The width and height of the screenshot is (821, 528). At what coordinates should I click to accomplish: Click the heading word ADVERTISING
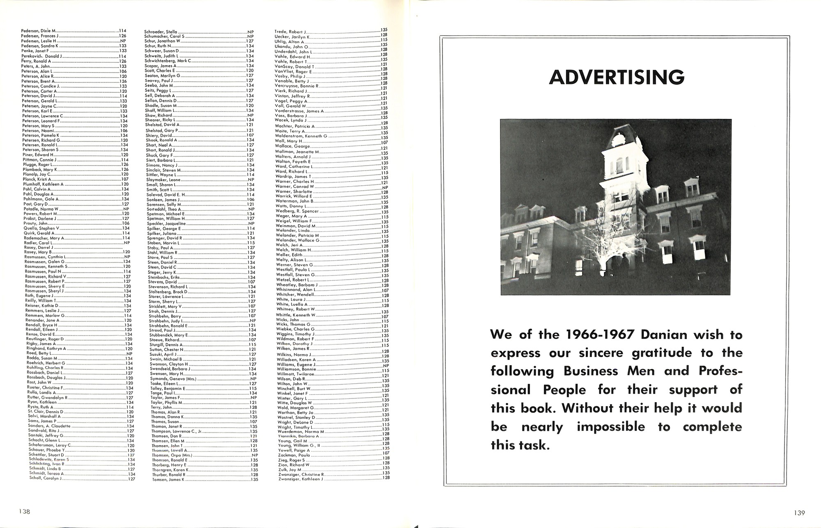(x=617, y=77)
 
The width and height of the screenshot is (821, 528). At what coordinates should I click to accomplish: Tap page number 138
(x=24, y=511)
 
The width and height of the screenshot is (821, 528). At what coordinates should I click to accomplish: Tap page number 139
(x=799, y=512)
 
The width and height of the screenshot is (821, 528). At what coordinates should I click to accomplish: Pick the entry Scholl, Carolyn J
(x=46, y=478)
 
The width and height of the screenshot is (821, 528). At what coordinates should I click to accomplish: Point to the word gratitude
(x=658, y=353)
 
